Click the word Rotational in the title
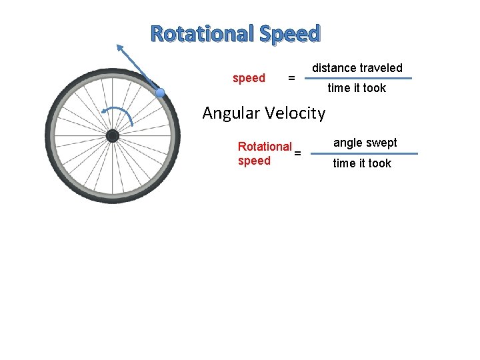coord(202,33)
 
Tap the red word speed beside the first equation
coord(249,78)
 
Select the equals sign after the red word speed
coord(291,79)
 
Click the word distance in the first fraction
coord(334,68)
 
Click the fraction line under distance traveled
coord(359,78)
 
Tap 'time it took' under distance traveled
coord(357,88)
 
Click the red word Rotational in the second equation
coord(265,147)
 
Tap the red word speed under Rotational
coord(254,161)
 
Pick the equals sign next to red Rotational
coord(297,153)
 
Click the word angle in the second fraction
coord(347,143)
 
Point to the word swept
coord(382,143)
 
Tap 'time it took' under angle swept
coord(362,163)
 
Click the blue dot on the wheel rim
coord(160,93)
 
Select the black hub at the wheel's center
coord(113,136)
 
